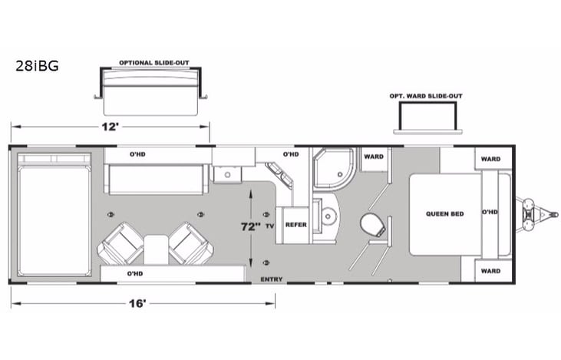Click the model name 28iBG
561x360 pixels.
pos(36,66)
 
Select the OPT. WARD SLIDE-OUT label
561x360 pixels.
pos(426,96)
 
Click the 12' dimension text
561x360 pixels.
pos(112,127)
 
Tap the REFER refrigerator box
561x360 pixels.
pos(295,226)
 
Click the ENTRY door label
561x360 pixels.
pos(273,278)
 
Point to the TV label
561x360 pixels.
pos(269,226)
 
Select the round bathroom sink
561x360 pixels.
pos(330,217)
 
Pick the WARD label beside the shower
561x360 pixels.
pos(374,157)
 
